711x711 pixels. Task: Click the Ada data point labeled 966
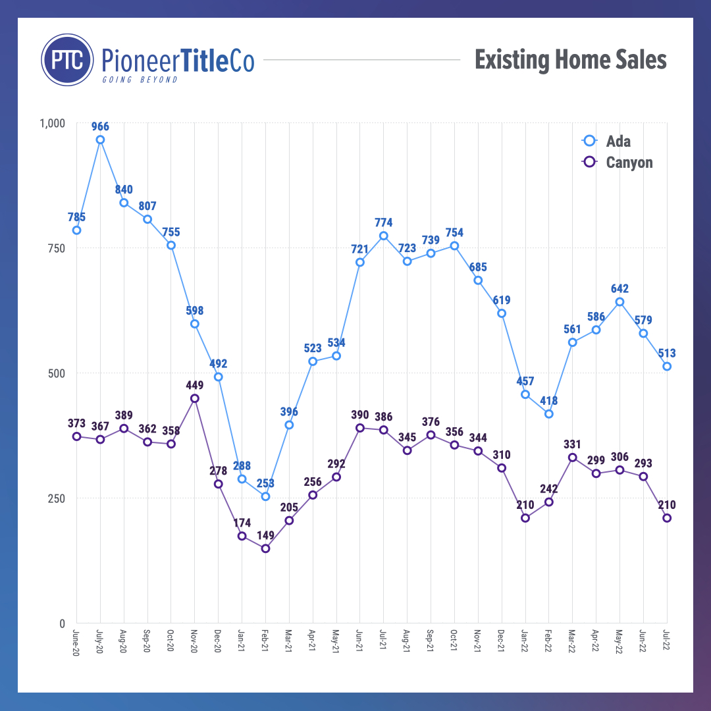tap(100, 140)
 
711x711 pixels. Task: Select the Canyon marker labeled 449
tap(194, 398)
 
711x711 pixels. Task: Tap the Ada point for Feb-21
tap(265, 496)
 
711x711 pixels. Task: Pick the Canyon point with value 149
tap(265, 548)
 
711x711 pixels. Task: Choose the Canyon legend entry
tap(619, 162)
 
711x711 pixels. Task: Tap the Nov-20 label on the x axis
tap(194, 640)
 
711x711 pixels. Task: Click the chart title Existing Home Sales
tap(570, 61)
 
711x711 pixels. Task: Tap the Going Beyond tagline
tap(139, 80)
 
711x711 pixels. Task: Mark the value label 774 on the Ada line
tap(383, 222)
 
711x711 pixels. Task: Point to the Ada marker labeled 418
tap(548, 414)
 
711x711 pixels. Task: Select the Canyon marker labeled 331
tap(572, 458)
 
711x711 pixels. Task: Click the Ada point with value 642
tap(619, 302)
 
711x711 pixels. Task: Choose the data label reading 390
tap(359, 415)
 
